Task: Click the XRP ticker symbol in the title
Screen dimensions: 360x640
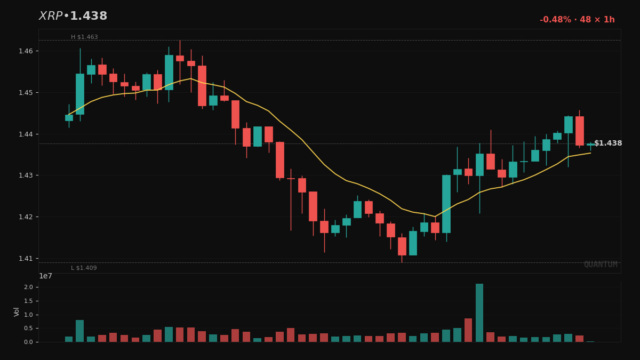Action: click(x=51, y=17)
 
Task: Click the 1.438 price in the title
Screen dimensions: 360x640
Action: click(x=89, y=17)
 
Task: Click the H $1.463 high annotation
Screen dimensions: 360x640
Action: click(x=84, y=37)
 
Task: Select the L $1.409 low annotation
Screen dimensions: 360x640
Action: click(x=84, y=268)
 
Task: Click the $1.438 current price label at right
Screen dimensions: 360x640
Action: click(x=608, y=143)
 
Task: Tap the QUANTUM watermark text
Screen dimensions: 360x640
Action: click(x=600, y=265)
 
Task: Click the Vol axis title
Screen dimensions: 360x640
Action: click(x=17, y=311)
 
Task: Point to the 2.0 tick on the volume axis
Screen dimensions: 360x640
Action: click(x=28, y=287)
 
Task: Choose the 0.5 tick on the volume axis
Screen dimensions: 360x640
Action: click(x=28, y=329)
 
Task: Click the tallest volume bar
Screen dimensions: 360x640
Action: click(x=479, y=313)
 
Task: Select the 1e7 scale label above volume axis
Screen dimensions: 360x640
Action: click(x=45, y=276)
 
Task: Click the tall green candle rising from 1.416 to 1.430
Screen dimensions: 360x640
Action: click(x=446, y=204)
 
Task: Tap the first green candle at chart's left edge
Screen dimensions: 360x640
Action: click(x=69, y=118)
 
